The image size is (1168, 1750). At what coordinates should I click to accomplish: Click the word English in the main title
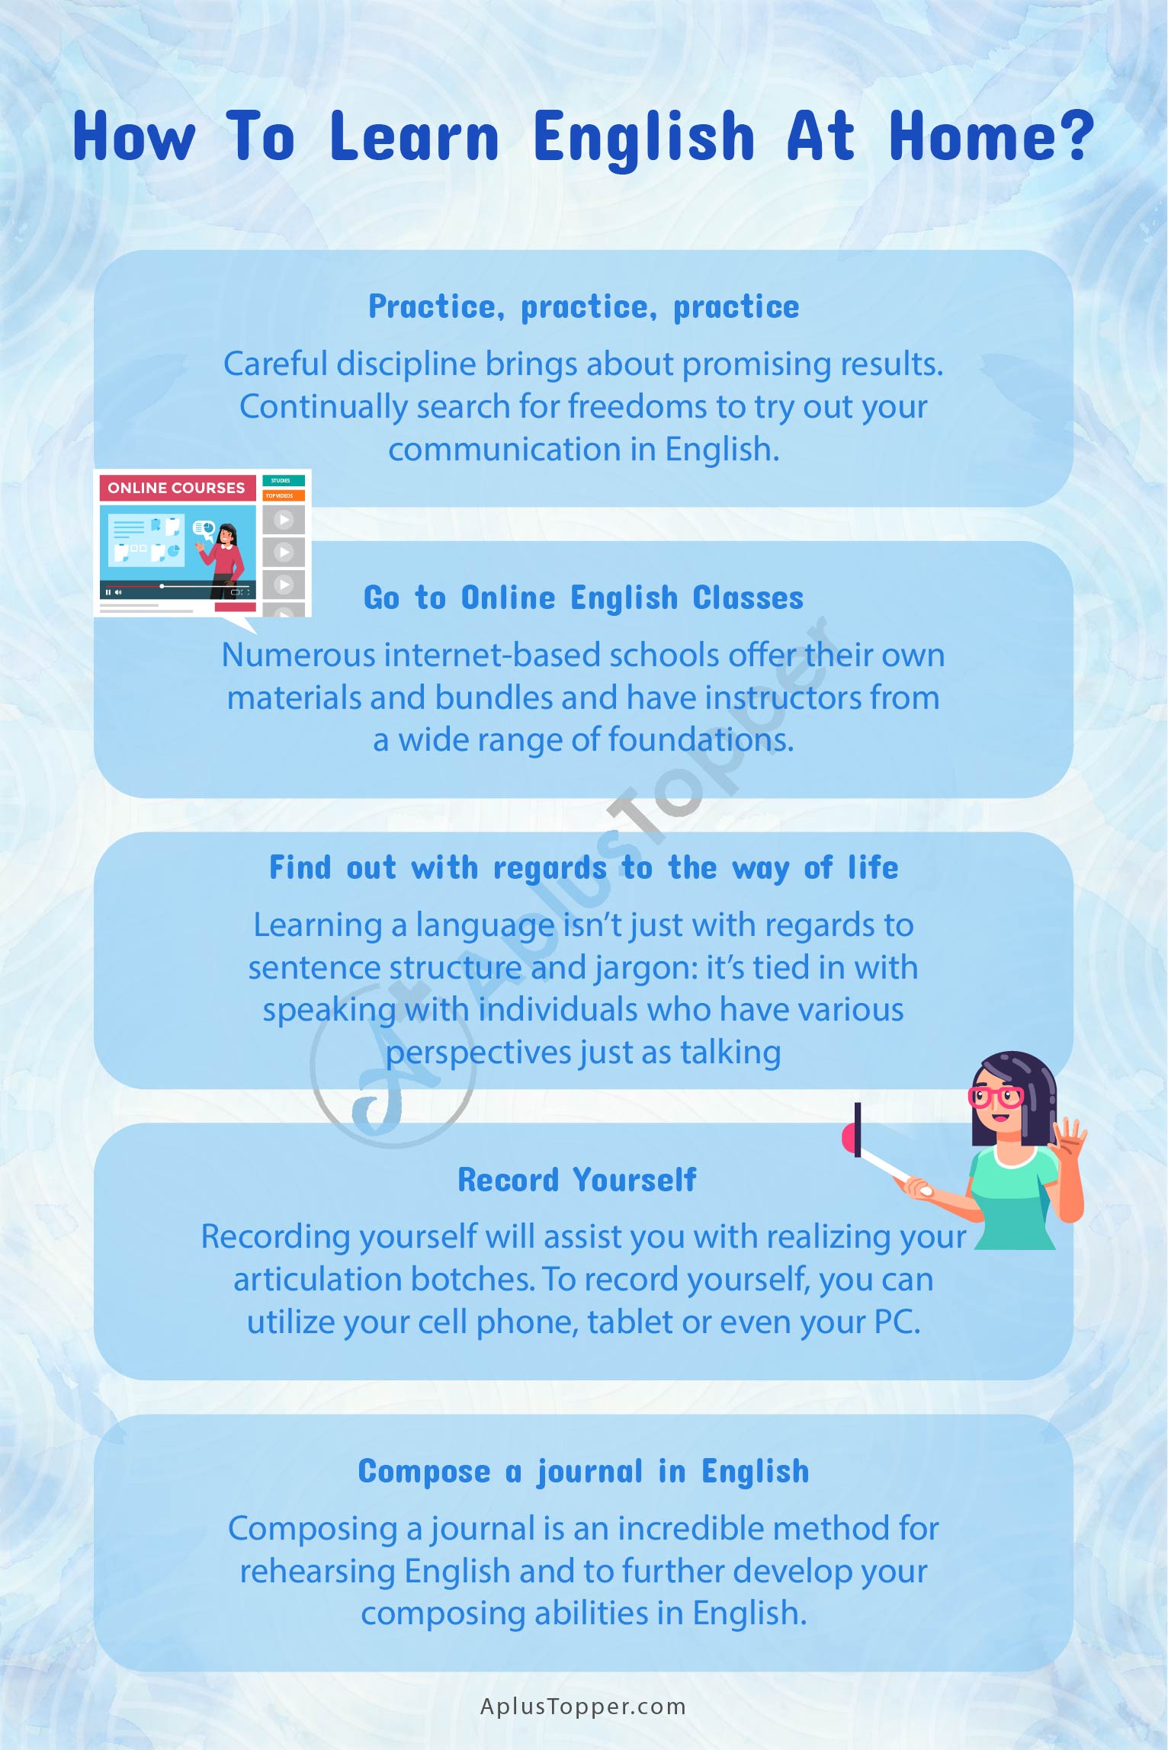(644, 138)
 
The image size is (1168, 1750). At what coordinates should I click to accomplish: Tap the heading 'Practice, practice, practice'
(584, 307)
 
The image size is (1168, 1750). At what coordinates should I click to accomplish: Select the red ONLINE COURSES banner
(177, 488)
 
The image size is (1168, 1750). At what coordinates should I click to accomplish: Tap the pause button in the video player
(108, 592)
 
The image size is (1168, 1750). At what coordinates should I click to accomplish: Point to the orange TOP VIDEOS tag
(284, 495)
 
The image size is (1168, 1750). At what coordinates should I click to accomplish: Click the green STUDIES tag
(284, 480)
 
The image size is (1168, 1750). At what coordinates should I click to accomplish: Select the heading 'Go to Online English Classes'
(584, 598)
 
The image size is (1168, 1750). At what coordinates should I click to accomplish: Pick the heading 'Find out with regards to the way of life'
(584, 868)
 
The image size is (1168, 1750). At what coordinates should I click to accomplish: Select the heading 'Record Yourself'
(577, 1180)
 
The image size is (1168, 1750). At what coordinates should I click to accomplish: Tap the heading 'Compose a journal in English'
(584, 1472)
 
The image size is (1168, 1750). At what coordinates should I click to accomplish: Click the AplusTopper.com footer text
(583, 1707)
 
